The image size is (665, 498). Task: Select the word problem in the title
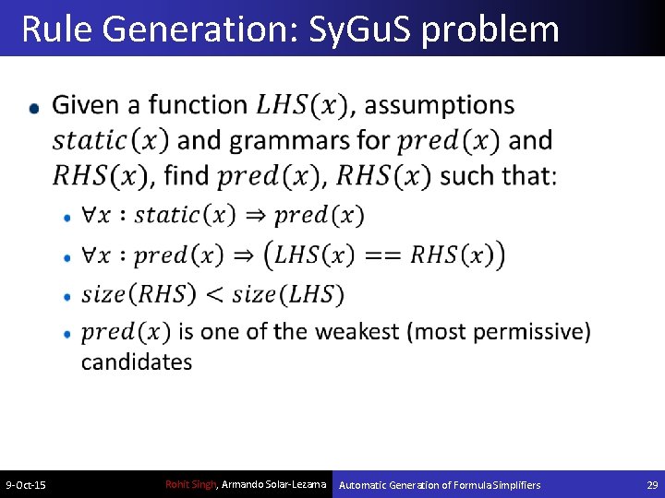[490, 30]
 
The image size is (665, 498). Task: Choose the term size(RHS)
[139, 294]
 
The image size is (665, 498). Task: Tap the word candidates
[137, 362]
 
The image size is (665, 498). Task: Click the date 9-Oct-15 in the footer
[27, 485]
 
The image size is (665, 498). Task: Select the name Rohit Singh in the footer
[189, 485]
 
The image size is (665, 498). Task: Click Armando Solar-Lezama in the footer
[274, 485]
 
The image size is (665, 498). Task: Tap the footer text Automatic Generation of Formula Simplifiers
[440, 485]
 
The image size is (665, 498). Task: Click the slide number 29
[652, 485]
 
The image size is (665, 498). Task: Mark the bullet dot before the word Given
[34, 108]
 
